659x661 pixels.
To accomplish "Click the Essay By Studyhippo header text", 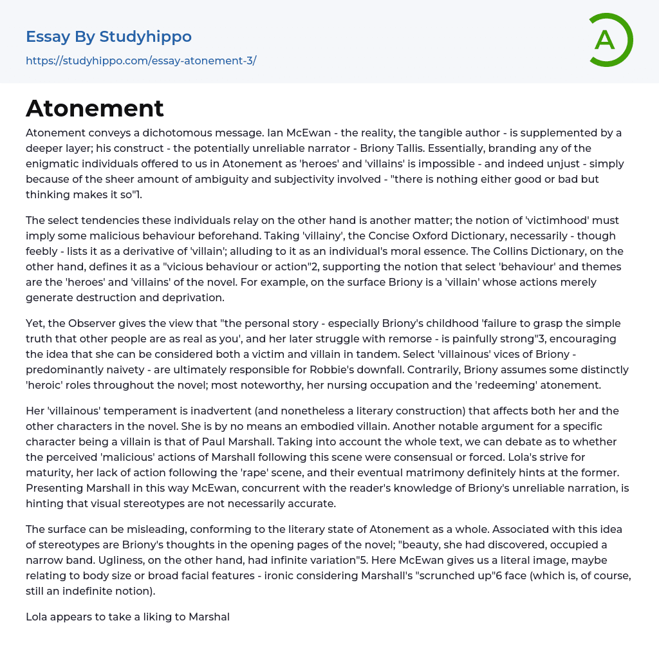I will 109,37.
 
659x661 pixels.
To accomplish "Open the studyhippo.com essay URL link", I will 141,61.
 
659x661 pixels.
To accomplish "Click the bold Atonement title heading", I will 95,109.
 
